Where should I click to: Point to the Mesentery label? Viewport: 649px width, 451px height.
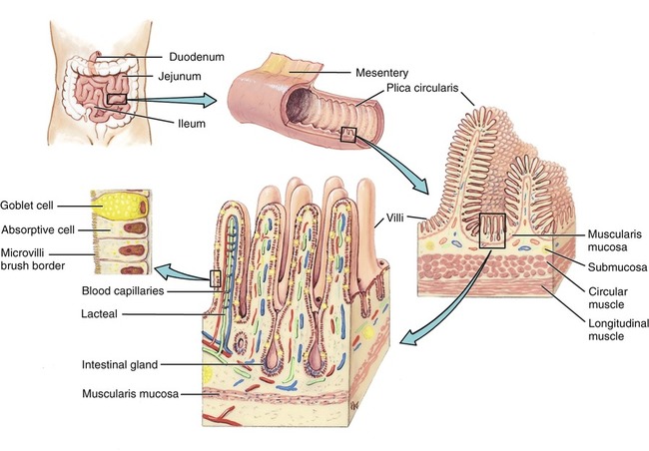pyautogui.click(x=384, y=73)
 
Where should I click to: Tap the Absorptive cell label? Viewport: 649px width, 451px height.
pyautogui.click(x=39, y=229)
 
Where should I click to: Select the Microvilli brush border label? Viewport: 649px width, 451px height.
pyautogui.click(x=33, y=256)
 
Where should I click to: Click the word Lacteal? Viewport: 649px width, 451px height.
pyautogui.click(x=49, y=313)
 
